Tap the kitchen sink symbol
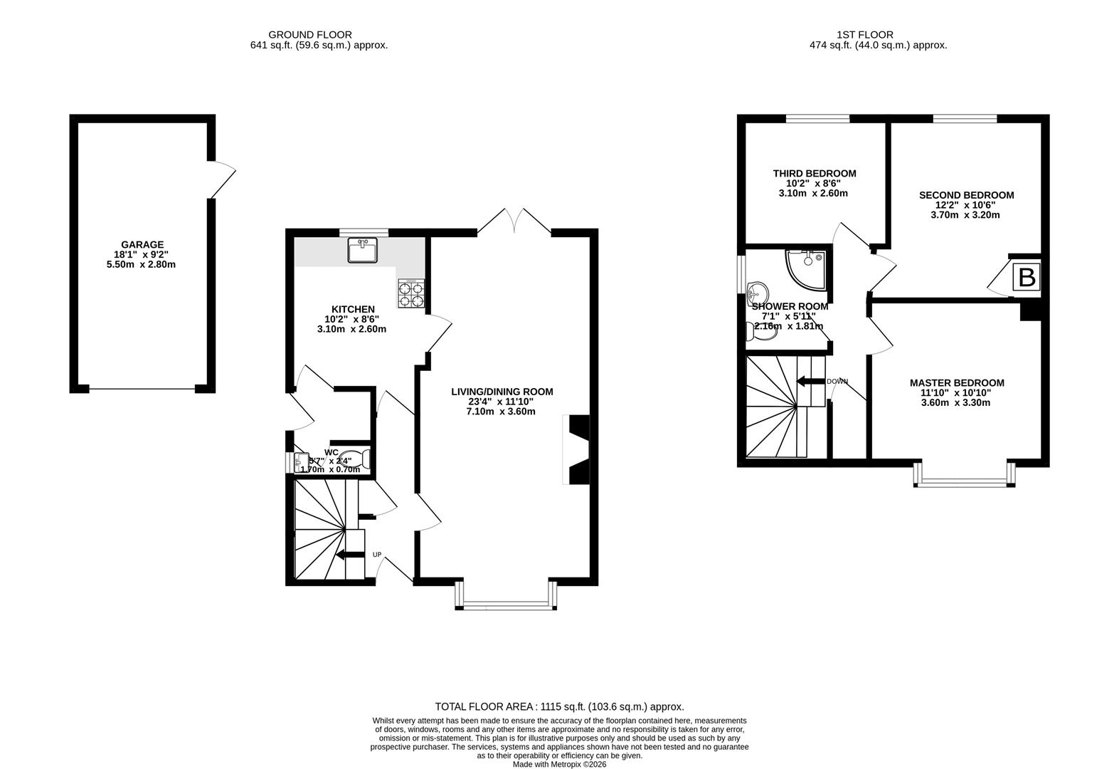click(x=363, y=251)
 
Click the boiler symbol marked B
click(x=1027, y=277)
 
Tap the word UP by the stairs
click(x=377, y=555)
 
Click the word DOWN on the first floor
click(x=837, y=382)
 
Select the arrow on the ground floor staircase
click(x=349, y=555)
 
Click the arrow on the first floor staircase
click(x=810, y=382)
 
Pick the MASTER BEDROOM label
click(x=957, y=383)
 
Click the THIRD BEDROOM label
click(x=815, y=174)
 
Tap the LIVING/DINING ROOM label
click(x=502, y=392)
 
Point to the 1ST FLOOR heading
click(x=874, y=34)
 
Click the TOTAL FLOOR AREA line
click(x=559, y=707)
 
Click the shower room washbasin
click(x=757, y=291)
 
